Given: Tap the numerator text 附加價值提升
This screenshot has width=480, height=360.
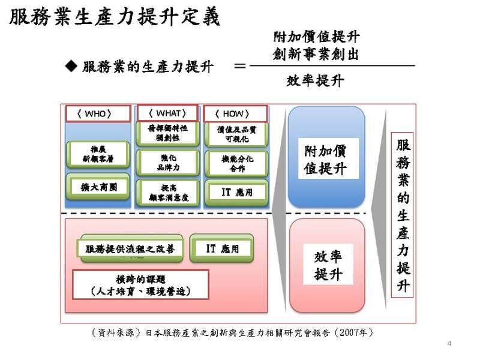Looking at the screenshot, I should [316, 37].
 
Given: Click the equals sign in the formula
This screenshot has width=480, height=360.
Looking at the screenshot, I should [240, 65].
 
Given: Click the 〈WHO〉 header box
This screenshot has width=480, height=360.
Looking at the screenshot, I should [97, 113].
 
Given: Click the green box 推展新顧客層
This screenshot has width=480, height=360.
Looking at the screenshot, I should [98, 154].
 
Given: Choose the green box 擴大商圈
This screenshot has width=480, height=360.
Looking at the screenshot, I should [98, 187].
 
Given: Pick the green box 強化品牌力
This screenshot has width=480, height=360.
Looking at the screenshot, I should [167, 163].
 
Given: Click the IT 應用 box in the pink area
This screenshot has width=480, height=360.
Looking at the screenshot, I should [222, 248].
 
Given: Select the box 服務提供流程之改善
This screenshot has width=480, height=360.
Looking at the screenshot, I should [130, 248].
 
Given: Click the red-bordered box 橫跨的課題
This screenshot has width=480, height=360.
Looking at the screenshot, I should [140, 285].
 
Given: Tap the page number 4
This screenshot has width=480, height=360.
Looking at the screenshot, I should [449, 343].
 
